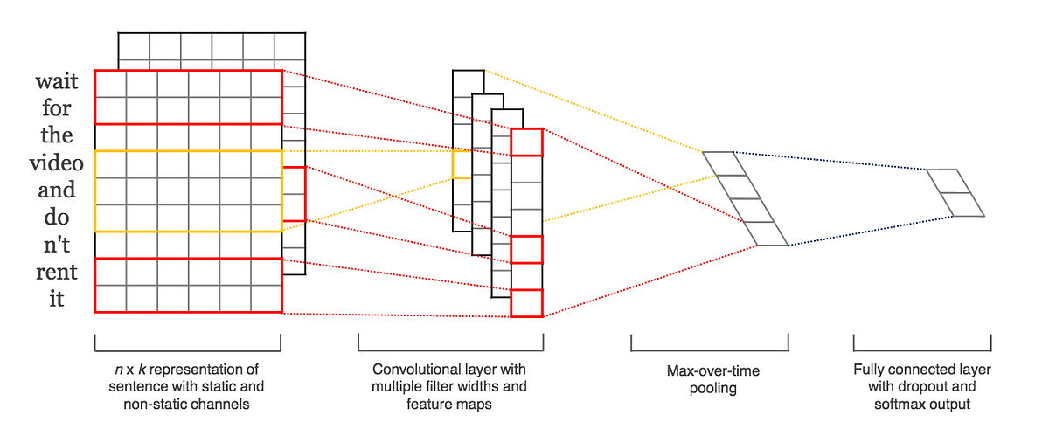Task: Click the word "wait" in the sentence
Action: (x=57, y=82)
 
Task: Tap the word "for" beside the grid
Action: (x=57, y=109)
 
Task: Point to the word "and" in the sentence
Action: (x=57, y=190)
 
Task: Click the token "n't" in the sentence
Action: (x=57, y=245)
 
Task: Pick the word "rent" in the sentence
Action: (x=57, y=272)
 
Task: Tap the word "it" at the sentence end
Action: (x=57, y=299)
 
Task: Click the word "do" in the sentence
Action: (x=57, y=218)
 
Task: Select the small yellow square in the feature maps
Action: (x=462, y=163)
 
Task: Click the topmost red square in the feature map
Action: (x=527, y=142)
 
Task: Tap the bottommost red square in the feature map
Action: (x=527, y=303)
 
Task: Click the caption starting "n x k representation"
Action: (x=189, y=386)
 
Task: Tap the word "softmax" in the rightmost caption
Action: (x=899, y=405)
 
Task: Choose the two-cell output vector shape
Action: (x=955, y=192)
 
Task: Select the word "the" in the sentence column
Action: (x=57, y=136)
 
